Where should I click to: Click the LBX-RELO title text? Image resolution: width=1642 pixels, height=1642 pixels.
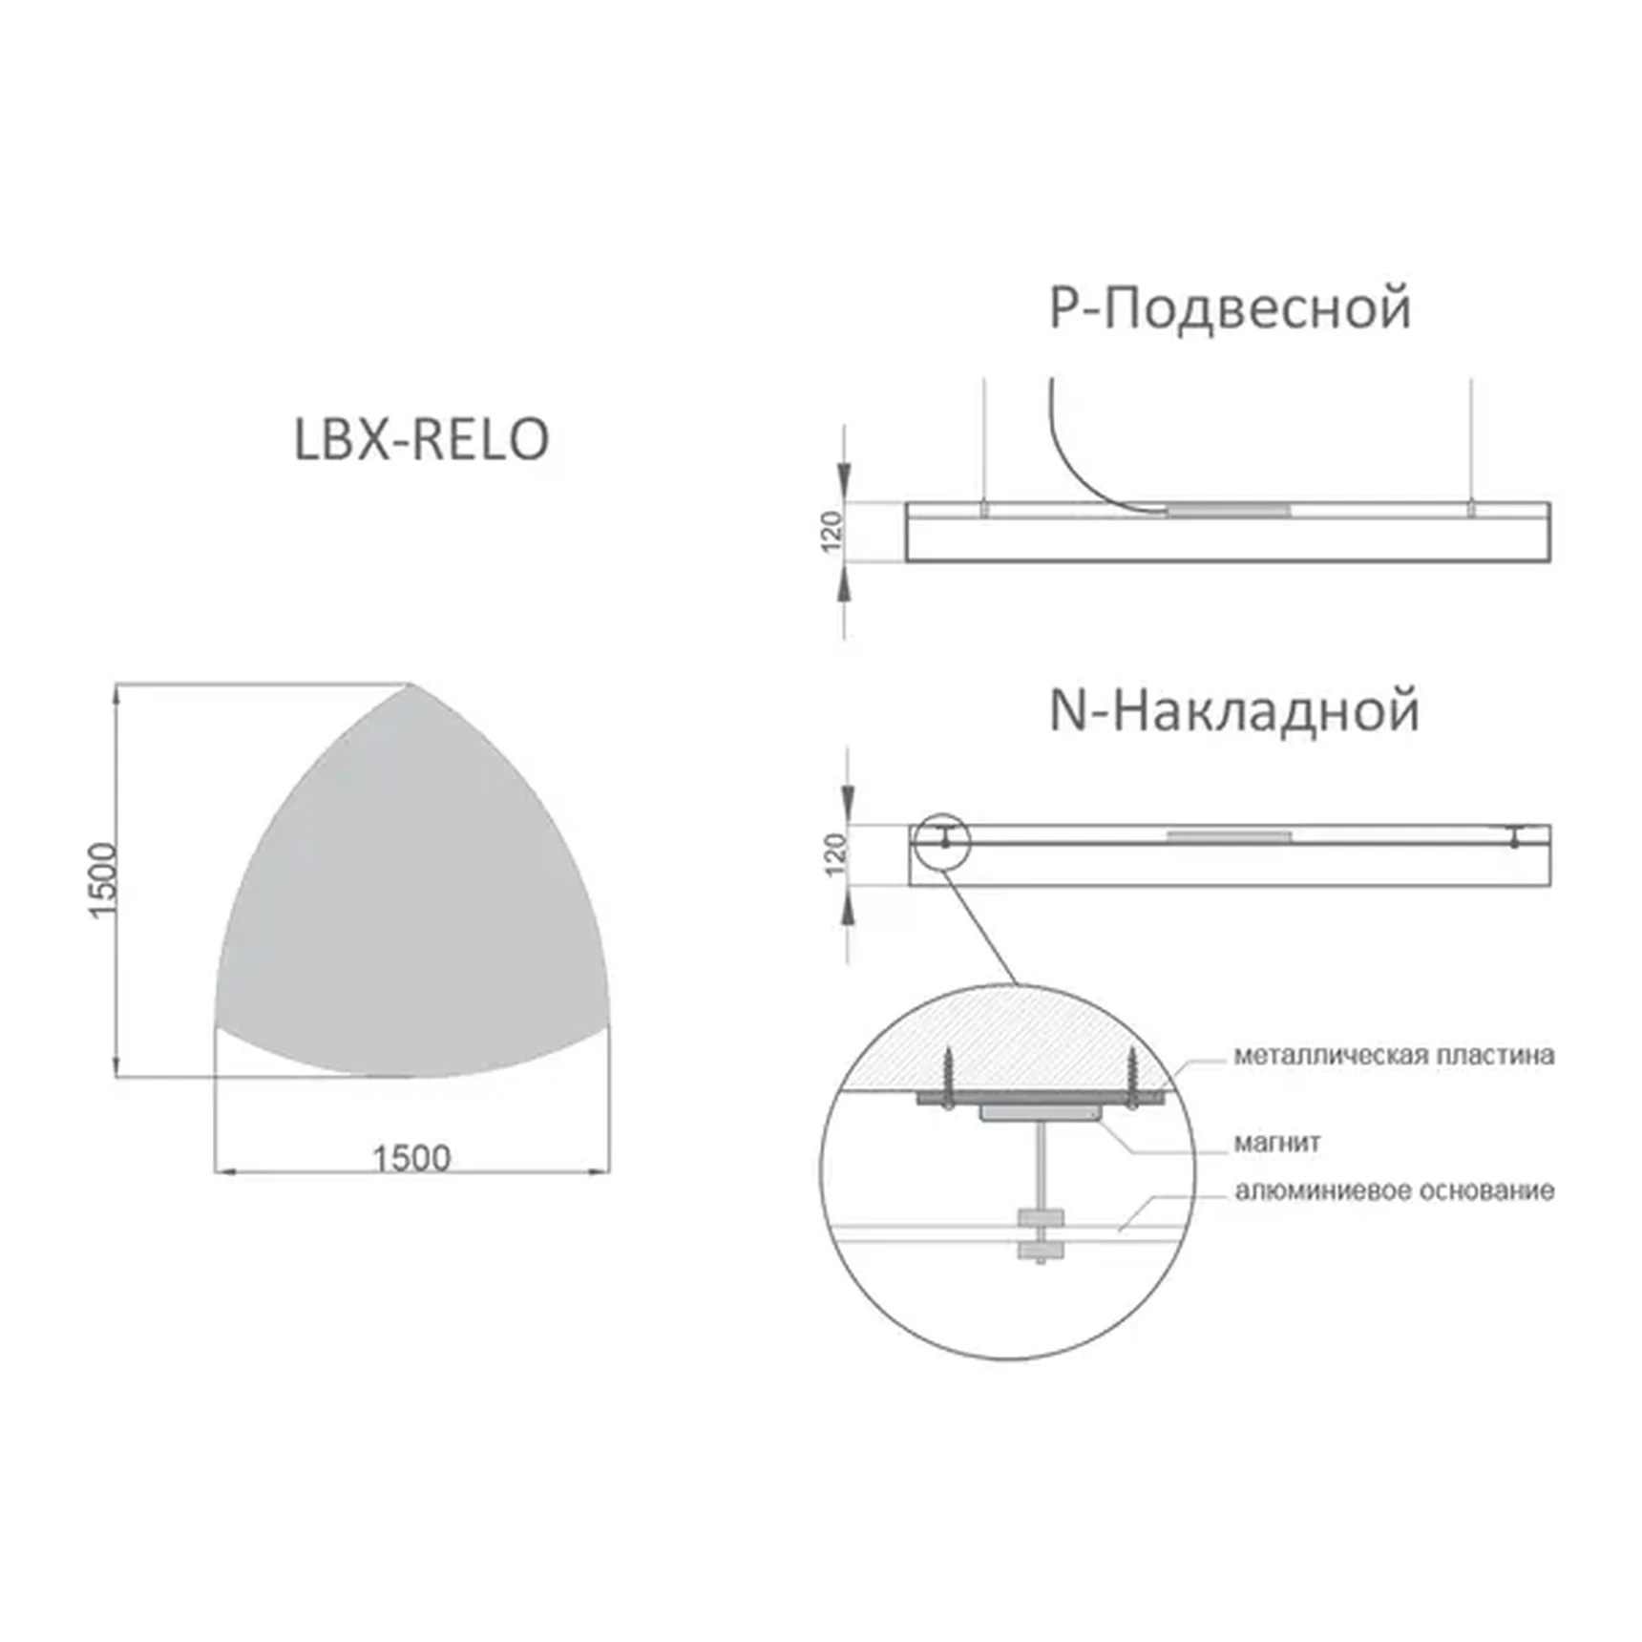pos(421,440)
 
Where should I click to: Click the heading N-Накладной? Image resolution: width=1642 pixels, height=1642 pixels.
pos(1233,712)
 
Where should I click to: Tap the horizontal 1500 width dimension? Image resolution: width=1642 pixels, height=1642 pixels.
pos(410,1158)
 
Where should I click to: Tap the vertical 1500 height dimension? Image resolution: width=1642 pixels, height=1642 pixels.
pos(102,879)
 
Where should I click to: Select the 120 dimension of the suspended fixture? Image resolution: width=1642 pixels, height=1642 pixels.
pos(832,532)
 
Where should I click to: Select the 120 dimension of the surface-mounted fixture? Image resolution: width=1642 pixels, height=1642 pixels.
pos(835,853)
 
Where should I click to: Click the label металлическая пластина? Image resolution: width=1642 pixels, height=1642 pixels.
pos(1393,1056)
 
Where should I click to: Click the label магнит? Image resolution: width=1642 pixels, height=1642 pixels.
pos(1276,1143)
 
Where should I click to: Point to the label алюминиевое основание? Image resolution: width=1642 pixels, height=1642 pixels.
pos(1394,1191)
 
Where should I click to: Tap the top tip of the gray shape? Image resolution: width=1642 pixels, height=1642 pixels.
pos(410,686)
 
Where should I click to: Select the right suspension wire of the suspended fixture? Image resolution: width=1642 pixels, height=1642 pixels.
pos(1471,439)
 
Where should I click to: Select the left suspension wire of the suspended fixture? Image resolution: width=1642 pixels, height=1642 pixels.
pos(984,439)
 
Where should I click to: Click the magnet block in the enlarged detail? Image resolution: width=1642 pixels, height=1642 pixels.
pos(1040,1113)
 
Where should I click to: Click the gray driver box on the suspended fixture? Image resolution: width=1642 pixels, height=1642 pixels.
pos(1228,511)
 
